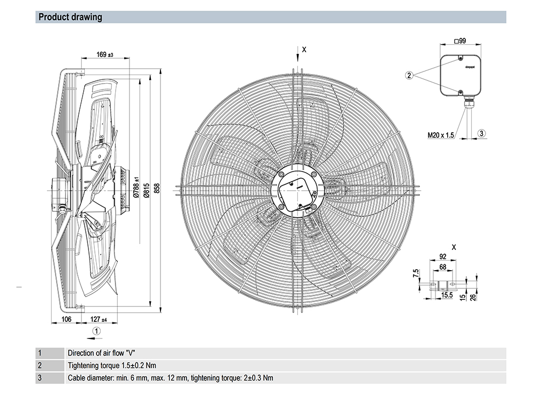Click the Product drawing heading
pyautogui.click(x=70, y=17)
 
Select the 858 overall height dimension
pyautogui.click(x=156, y=189)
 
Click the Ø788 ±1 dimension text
pyautogui.click(x=136, y=188)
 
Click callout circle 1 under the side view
pyautogui.click(x=96, y=331)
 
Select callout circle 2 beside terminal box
pyautogui.click(x=409, y=75)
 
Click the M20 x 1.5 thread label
pyautogui.click(x=441, y=135)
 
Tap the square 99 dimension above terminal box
pyautogui.click(x=459, y=40)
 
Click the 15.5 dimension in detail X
pyautogui.click(x=447, y=295)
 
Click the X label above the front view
pyautogui.click(x=304, y=50)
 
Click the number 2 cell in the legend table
pyautogui.click(x=39, y=366)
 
